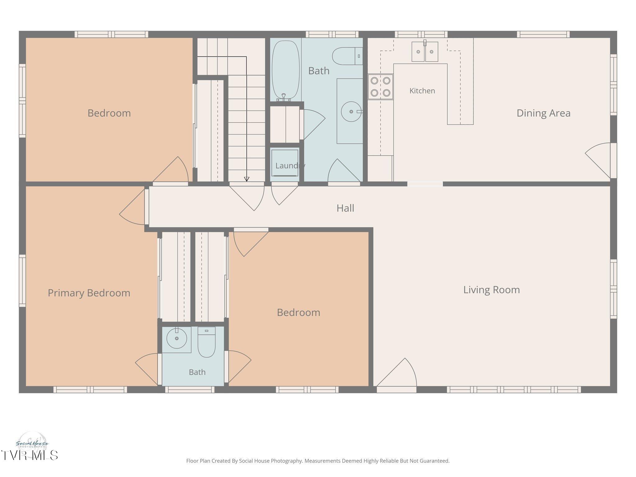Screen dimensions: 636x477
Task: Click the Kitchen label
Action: point(422,91)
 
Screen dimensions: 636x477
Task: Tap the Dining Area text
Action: point(543,113)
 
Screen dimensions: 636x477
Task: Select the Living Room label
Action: point(492,290)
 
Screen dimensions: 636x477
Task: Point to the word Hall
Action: point(345,208)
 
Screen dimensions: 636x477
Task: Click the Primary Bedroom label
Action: point(89,293)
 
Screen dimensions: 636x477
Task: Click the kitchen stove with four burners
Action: point(380,87)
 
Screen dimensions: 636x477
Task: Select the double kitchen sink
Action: point(425,51)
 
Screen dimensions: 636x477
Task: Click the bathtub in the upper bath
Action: point(286,70)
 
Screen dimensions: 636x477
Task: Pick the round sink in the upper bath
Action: point(352,111)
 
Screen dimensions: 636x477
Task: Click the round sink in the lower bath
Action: point(177,338)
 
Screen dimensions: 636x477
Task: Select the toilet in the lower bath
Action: point(207,342)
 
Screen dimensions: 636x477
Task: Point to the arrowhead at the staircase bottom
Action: point(247,179)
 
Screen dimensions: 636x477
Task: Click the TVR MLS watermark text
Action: point(29,455)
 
